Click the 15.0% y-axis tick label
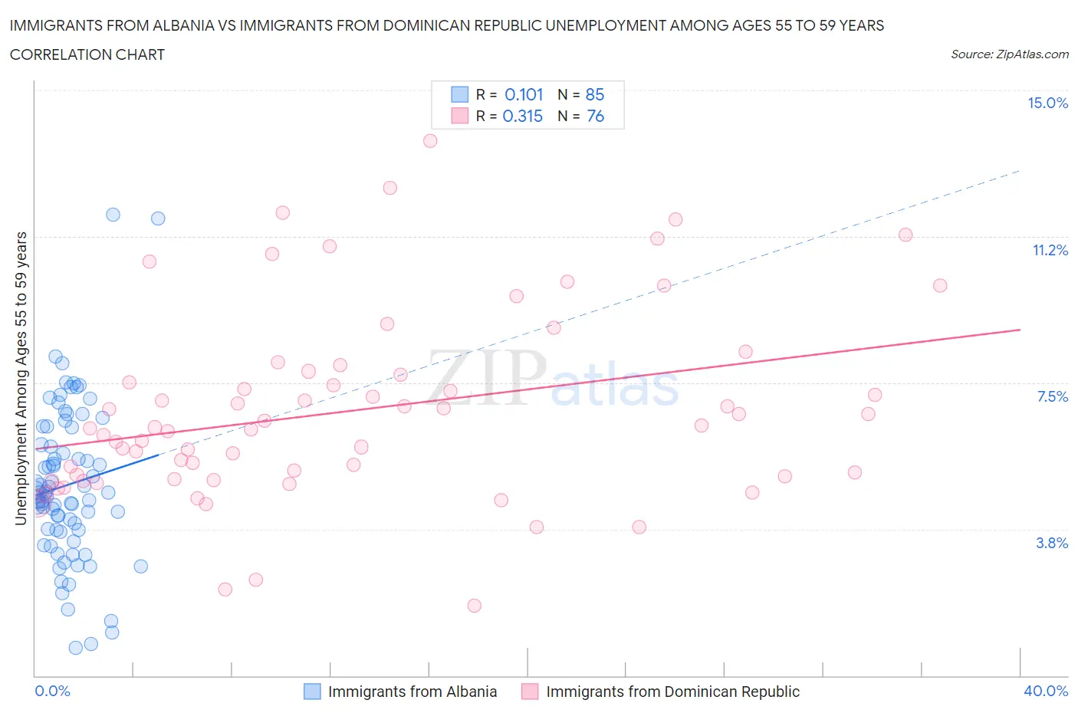(x=1047, y=103)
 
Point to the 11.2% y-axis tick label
(x=1050, y=250)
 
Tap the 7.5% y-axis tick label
(x=1052, y=396)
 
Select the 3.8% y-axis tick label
(x=1052, y=543)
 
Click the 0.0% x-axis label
(x=52, y=691)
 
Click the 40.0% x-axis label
(x=1046, y=691)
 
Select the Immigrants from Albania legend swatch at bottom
(x=312, y=692)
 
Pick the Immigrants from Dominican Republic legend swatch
(x=530, y=692)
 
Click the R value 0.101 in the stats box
(x=524, y=94)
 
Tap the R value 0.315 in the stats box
(x=522, y=116)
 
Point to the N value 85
(x=595, y=94)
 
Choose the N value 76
(x=595, y=116)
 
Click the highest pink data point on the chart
(x=430, y=141)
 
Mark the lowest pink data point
(x=474, y=606)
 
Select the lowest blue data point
(x=75, y=648)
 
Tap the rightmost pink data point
(x=940, y=285)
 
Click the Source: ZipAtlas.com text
(x=1009, y=54)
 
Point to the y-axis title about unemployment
(x=21, y=378)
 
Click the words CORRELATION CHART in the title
(x=87, y=54)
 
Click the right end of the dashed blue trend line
(x=1020, y=170)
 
